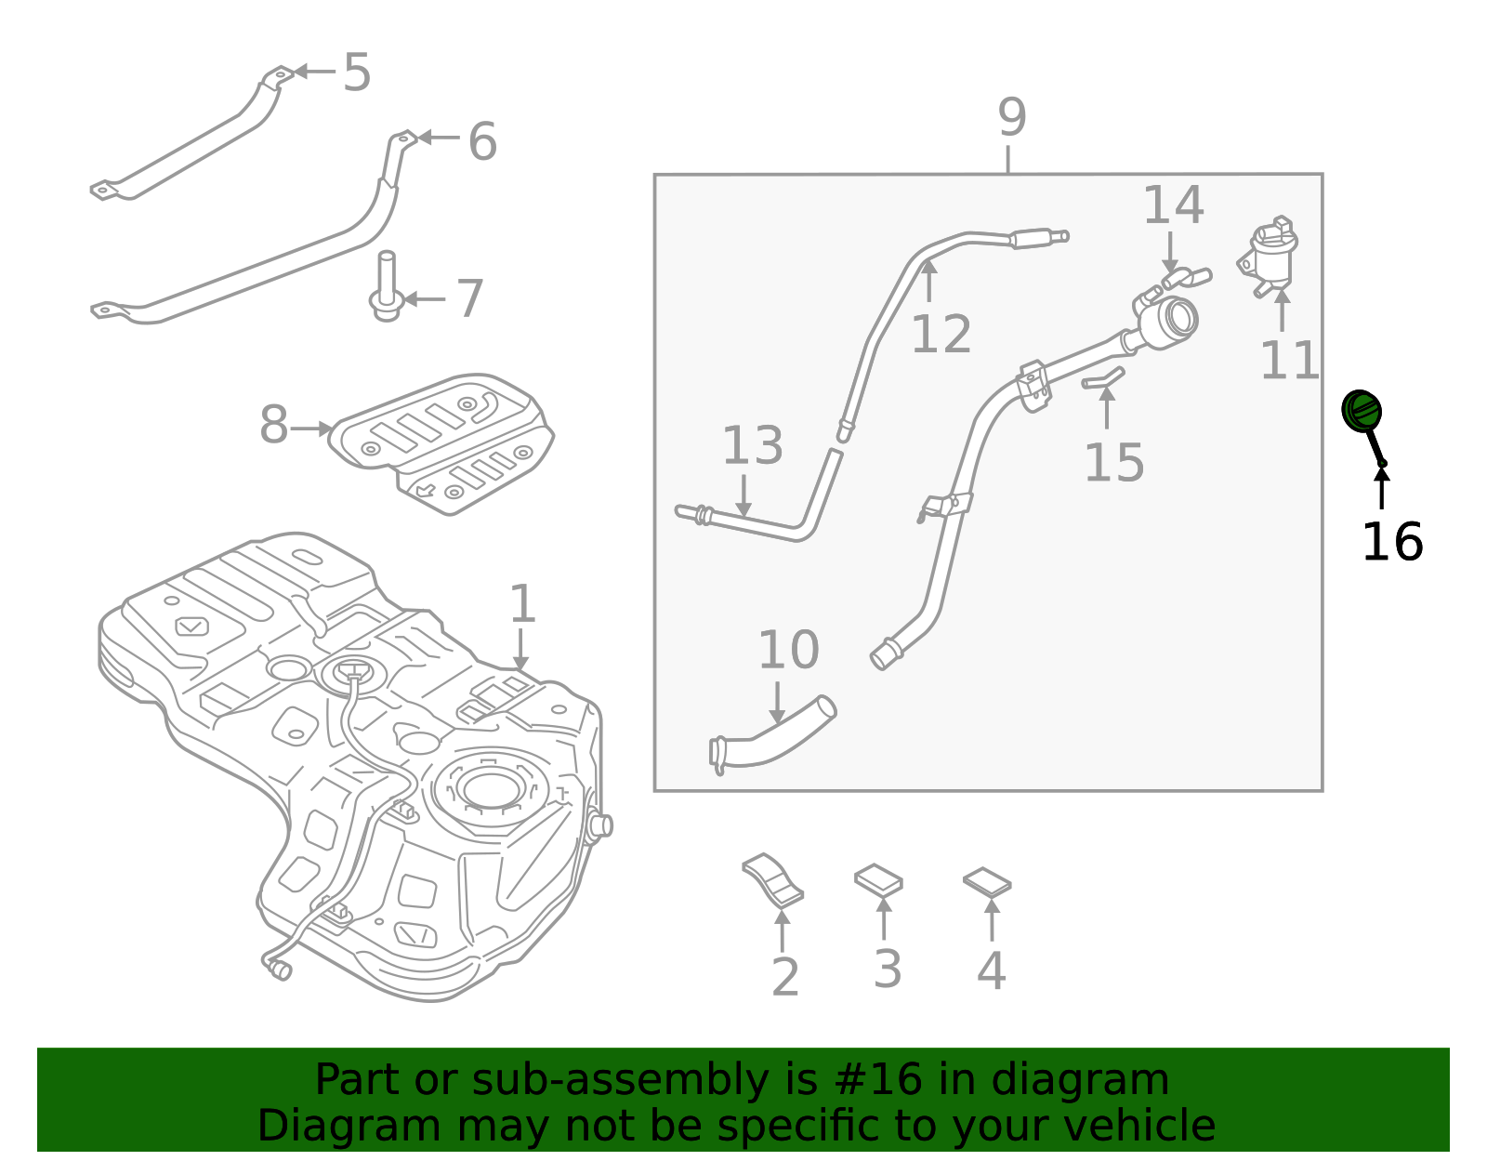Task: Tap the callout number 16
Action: click(x=1391, y=542)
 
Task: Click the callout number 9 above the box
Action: click(x=1011, y=118)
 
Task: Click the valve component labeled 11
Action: click(x=1269, y=255)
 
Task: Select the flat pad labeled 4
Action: click(x=987, y=882)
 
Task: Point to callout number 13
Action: click(x=752, y=446)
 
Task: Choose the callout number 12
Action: click(x=941, y=335)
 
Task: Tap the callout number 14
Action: click(x=1173, y=205)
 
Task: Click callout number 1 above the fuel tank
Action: click(x=522, y=605)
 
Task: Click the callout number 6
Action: click(x=481, y=141)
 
